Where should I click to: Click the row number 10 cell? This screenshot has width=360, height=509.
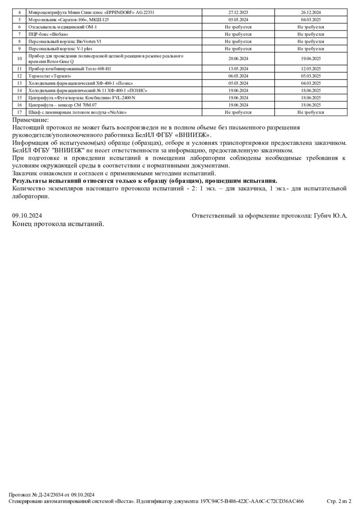[19, 58]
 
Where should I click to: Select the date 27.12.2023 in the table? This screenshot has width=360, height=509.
[238, 13]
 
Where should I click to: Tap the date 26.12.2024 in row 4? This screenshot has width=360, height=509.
[310, 13]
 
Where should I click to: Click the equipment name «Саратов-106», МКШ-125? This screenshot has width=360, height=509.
[68, 20]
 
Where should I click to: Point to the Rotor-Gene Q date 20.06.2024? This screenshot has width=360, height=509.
[238, 58]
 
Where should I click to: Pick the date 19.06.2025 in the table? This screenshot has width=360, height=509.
[310, 58]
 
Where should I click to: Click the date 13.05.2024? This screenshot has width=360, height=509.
[238, 69]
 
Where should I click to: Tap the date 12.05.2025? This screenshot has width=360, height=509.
[310, 69]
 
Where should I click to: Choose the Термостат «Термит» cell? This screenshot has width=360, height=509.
[49, 76]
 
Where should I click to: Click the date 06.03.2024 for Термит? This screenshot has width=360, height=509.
[238, 76]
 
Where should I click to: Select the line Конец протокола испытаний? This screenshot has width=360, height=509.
[58, 223]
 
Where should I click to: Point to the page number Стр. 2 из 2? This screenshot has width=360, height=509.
[338, 501]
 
